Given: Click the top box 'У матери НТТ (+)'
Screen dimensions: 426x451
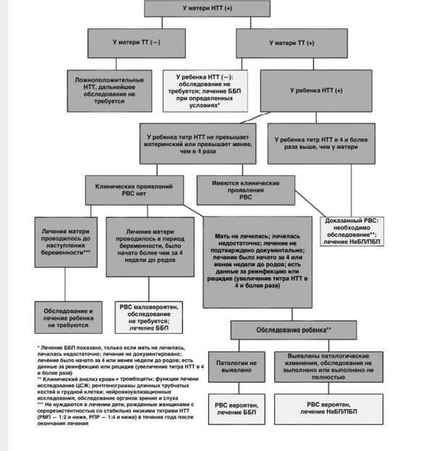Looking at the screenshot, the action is (x=207, y=9).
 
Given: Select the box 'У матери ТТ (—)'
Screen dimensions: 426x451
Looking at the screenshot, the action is (x=137, y=43).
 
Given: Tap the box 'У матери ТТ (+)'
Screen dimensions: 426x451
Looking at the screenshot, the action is (x=291, y=43).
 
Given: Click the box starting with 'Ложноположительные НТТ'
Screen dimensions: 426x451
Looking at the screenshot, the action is (x=109, y=91).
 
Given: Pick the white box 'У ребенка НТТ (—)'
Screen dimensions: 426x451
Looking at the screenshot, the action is (x=205, y=91).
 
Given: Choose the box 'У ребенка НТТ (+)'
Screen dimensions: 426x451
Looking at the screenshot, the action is (x=316, y=91).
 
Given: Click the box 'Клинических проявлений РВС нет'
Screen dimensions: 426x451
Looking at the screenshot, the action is (x=135, y=190).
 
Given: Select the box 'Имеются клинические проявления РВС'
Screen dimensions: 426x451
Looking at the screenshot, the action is (x=246, y=190).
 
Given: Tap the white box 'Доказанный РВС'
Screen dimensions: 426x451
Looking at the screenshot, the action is (x=352, y=231).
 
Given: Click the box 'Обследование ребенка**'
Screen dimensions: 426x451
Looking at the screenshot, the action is (x=294, y=330).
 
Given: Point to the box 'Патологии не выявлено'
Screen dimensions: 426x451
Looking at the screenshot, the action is (x=237, y=367).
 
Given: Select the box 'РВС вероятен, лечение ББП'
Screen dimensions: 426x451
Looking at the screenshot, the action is (x=237, y=409).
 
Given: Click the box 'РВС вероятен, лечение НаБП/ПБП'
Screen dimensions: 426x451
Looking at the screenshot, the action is (x=328, y=409).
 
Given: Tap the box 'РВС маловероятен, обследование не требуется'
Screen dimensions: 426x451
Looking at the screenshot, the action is (x=149, y=318).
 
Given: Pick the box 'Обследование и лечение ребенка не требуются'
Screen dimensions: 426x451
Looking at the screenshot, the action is (x=69, y=318).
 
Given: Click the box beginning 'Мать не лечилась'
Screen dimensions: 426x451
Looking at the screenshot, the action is (x=257, y=262).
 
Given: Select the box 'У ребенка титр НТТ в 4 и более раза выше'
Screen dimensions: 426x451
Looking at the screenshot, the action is (x=321, y=144).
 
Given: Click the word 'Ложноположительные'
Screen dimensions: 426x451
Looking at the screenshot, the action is (x=109, y=80).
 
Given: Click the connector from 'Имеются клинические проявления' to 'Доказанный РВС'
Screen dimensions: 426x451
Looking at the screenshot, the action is (x=310, y=203).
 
